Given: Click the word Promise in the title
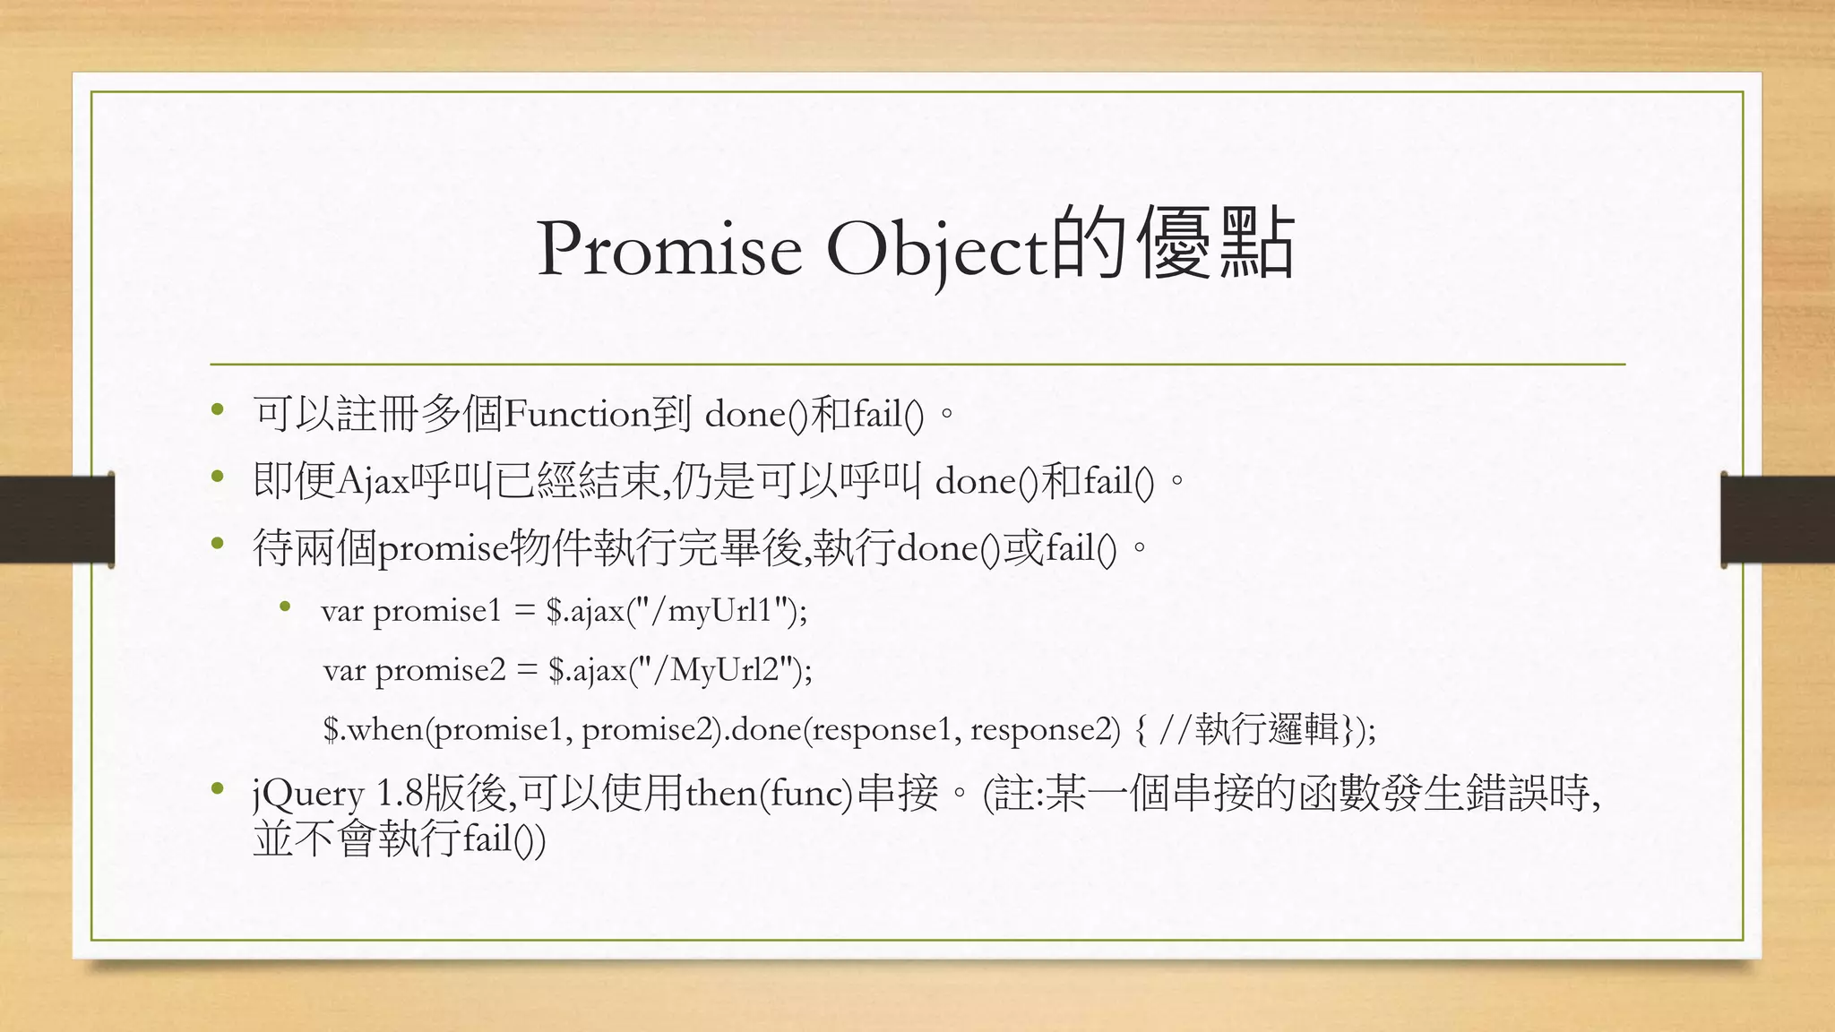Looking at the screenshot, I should click(669, 249).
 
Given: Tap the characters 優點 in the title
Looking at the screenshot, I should click(1215, 244).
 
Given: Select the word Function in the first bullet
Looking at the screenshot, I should click(577, 415).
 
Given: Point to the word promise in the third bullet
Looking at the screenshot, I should click(443, 548).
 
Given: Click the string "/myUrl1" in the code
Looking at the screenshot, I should click(713, 611).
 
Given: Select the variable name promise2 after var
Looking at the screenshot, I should click(441, 670).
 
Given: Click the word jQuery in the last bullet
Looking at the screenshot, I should click(308, 795).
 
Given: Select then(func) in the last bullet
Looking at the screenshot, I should click(769, 794).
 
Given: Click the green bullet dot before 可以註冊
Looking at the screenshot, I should click(217, 411).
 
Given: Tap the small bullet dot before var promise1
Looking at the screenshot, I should click(286, 607).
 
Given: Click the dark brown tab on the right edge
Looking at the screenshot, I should click(1778, 520).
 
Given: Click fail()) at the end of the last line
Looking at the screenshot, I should click(504, 840).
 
